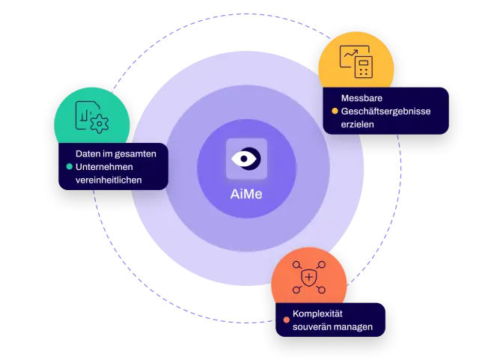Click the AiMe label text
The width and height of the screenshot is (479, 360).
(246, 195)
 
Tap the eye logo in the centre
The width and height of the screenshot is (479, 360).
(246, 159)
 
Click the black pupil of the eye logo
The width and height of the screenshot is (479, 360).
(244, 159)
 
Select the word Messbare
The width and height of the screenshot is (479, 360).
(361, 98)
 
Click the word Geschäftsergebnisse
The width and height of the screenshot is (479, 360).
(386, 112)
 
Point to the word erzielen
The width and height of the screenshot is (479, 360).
(358, 124)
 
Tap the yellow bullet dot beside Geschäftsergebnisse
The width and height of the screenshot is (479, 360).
(335, 112)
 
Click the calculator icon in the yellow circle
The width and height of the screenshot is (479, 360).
(364, 67)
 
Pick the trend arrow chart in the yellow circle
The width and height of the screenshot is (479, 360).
(351, 54)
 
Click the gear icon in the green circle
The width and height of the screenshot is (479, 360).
(100, 123)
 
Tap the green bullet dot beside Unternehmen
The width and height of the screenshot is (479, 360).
(70, 167)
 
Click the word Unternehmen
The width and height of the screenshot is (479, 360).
(104, 167)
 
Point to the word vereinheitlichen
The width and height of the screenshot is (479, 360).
(109, 180)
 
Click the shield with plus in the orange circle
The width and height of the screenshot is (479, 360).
(309, 278)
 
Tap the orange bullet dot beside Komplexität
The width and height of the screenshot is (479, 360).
(286, 320)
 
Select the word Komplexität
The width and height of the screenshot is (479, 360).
(317, 314)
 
